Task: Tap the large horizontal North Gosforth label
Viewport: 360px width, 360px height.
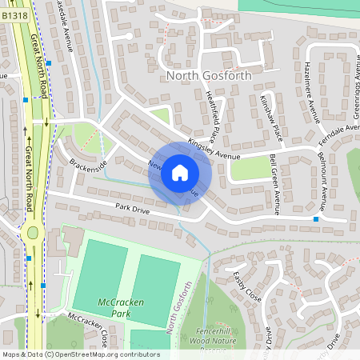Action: tap(208, 75)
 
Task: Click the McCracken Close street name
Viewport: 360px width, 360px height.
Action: tap(88, 330)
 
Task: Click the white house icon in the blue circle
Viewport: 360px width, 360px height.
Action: tap(180, 173)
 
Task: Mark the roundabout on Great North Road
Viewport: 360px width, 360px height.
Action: tap(32, 232)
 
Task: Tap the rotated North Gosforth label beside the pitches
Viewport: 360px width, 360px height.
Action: tap(179, 308)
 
